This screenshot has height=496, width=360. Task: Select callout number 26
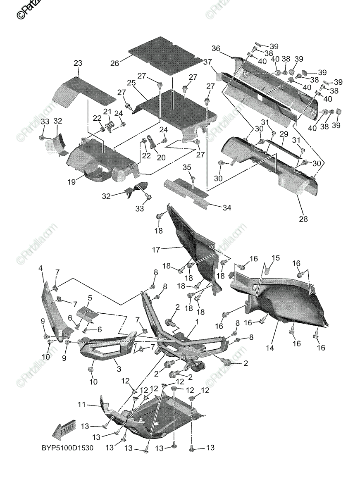114,63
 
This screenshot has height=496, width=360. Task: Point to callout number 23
78,63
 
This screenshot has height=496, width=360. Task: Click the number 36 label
216,48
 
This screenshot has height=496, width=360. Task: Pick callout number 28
303,219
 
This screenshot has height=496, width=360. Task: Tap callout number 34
226,207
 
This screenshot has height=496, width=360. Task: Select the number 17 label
155,249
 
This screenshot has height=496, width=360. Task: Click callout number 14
270,348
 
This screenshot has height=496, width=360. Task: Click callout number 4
41,268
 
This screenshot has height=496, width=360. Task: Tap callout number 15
275,258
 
